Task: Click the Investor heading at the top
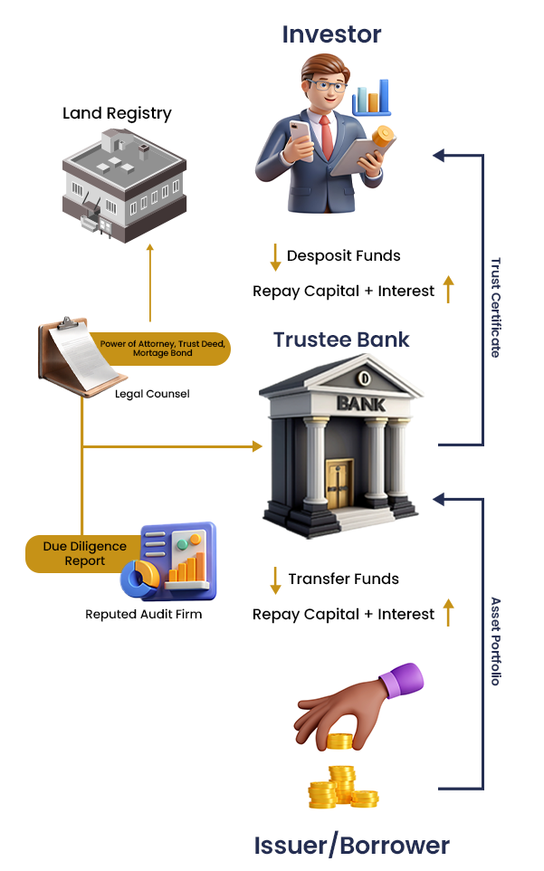click(331, 35)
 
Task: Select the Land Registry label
click(117, 113)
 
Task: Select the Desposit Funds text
click(343, 256)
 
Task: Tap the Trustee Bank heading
click(341, 340)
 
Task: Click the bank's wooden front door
click(339, 483)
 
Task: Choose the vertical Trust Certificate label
click(495, 307)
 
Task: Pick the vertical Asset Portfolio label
click(495, 640)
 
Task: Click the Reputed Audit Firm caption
click(143, 615)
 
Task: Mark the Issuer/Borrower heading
click(351, 846)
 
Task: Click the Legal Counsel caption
click(152, 394)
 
